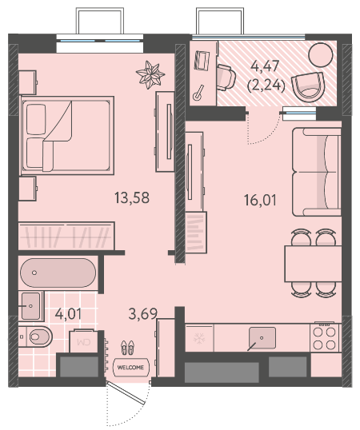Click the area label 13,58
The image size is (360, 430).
[132, 198]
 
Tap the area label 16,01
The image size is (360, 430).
[260, 200]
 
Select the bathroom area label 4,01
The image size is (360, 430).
[68, 314]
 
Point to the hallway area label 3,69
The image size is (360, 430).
[143, 314]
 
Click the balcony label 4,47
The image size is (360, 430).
[266, 66]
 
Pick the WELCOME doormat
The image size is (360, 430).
[131, 367]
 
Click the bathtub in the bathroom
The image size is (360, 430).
[58, 273]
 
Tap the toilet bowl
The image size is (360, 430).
[38, 336]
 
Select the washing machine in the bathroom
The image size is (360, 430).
[83, 341]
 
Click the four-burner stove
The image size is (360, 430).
[325, 337]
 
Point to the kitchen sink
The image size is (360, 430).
[262, 338]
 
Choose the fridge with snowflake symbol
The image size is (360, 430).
[199, 338]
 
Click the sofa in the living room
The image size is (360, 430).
[316, 172]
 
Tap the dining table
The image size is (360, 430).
[313, 264]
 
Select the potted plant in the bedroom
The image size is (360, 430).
[150, 74]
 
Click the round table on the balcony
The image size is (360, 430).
[321, 55]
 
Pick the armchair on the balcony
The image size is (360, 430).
[308, 86]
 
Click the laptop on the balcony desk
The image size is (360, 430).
[202, 60]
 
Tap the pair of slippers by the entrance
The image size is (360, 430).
[127, 347]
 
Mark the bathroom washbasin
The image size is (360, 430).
[30, 306]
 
